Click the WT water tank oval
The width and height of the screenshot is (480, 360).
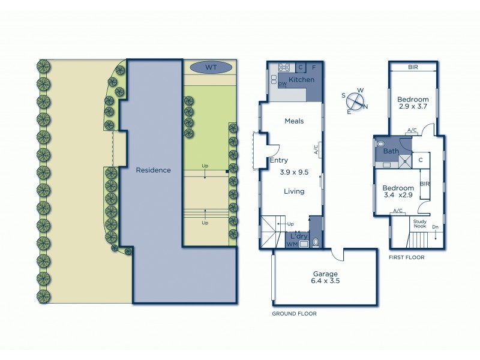pos(211,67)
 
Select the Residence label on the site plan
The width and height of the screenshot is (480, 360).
pos(153,170)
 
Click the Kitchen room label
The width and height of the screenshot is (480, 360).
pos(301,80)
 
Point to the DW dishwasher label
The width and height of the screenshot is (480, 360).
pos(281,85)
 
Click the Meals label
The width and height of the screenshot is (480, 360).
pos(294,121)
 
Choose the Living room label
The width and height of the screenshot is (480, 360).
pos(294,191)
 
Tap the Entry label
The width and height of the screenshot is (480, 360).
pos(279,160)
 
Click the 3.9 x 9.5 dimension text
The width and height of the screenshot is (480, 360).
pos(294,172)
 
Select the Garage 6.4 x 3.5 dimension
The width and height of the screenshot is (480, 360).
pos(324,281)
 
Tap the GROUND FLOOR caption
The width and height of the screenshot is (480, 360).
pos(294,313)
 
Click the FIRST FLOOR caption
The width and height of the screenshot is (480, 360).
pos(407,257)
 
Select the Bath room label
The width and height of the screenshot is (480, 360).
pos(391,151)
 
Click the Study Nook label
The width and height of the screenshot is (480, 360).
pos(419,224)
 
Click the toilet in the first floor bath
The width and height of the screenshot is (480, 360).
pos(380,144)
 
